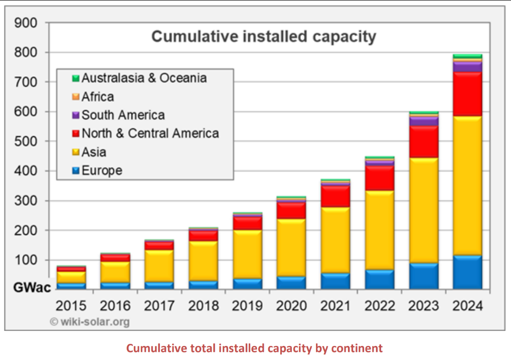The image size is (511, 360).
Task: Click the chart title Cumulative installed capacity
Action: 264,37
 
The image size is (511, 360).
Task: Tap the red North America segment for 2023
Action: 424,141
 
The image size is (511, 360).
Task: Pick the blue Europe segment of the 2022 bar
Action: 380,279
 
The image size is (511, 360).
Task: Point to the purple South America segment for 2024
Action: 467,67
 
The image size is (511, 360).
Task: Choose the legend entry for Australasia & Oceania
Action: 144,78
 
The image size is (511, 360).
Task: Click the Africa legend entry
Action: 98,97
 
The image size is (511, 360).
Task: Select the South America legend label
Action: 123,115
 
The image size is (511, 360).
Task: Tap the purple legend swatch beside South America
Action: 76,115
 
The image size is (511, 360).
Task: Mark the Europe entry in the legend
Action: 102,171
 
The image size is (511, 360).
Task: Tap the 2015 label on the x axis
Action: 71,306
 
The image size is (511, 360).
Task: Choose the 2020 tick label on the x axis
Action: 291,306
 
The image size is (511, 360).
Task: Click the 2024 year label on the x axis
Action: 467,306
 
